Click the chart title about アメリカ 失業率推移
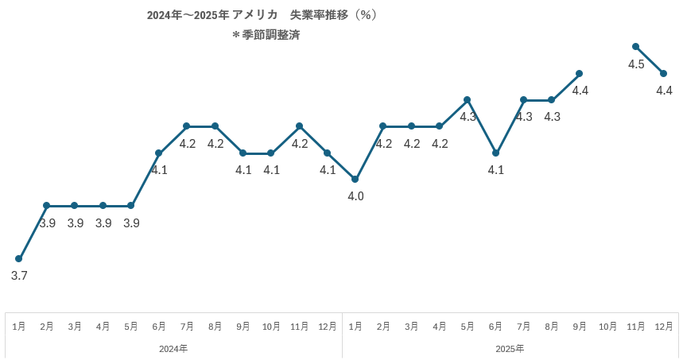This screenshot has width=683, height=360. point(262,15)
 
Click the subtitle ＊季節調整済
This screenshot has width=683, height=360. point(266,35)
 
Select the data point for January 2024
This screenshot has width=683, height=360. point(19,258)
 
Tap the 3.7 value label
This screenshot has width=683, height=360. point(19,276)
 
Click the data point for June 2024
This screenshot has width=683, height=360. point(159,153)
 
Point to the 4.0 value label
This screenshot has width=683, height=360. point(355,196)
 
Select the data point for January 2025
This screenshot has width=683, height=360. point(355,179)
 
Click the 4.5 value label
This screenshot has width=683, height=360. point(636,64)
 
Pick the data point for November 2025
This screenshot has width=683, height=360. point(636,47)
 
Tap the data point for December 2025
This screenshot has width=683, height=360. point(664,73)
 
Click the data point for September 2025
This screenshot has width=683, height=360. point(580,73)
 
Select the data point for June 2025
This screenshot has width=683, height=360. point(495,153)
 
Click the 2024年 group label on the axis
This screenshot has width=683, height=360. point(173,348)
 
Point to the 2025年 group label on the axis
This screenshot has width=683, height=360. point(510,348)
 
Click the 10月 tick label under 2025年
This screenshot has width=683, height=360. point(607,327)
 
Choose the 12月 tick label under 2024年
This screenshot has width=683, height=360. point(327,327)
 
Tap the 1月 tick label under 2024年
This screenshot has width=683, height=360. point(19,327)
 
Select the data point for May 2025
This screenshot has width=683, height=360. point(468,99)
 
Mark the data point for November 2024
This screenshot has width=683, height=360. point(299,126)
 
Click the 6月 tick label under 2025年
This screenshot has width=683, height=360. point(495,327)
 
